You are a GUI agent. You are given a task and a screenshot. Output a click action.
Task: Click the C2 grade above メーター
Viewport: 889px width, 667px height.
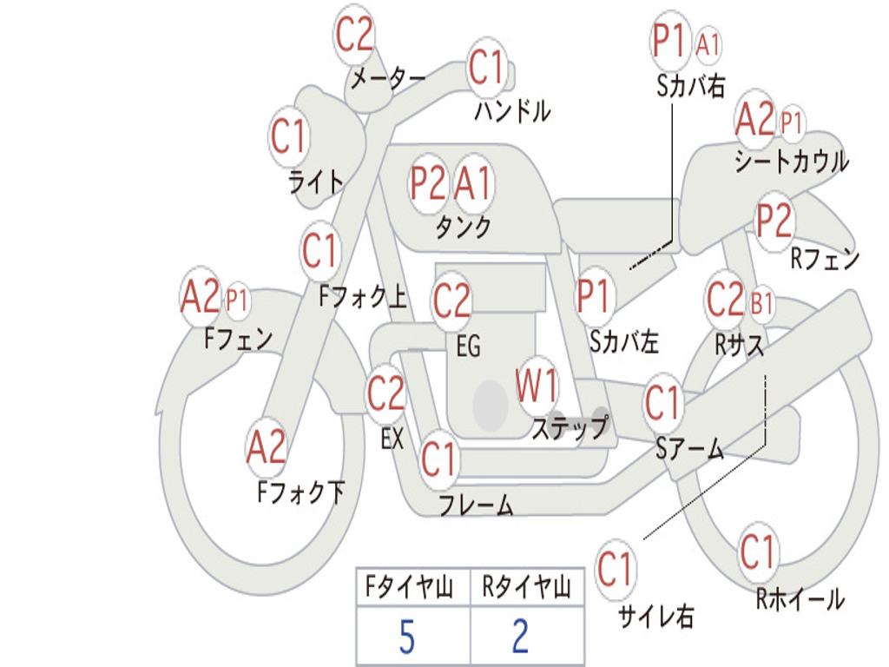354,35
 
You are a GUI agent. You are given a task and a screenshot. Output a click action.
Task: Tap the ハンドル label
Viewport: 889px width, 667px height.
512,110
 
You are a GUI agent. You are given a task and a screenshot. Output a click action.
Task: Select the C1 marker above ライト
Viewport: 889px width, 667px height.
289,136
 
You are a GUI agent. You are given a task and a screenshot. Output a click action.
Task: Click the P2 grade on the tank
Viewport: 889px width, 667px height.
427,183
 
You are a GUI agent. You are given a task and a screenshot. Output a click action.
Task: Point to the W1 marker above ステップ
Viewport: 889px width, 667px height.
536,385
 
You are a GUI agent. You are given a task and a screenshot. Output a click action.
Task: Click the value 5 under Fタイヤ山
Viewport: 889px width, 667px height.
407,637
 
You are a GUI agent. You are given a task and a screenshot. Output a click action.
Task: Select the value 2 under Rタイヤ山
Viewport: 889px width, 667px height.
521,637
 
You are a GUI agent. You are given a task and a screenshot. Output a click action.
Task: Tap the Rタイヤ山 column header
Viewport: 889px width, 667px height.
526,587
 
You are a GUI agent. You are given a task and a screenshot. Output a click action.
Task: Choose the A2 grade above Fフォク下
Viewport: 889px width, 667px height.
267,447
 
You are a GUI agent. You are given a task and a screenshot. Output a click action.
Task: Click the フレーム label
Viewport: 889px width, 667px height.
477,505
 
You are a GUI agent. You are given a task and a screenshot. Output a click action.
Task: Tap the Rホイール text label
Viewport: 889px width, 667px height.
800,599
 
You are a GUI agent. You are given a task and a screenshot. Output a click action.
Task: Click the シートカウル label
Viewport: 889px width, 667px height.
792,161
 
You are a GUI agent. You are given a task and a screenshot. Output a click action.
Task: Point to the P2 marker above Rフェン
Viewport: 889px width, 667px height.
774,221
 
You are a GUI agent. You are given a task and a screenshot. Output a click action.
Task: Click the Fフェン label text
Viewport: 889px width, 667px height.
238,339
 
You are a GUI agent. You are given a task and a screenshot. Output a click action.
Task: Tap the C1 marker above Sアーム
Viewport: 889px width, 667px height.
662,403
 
